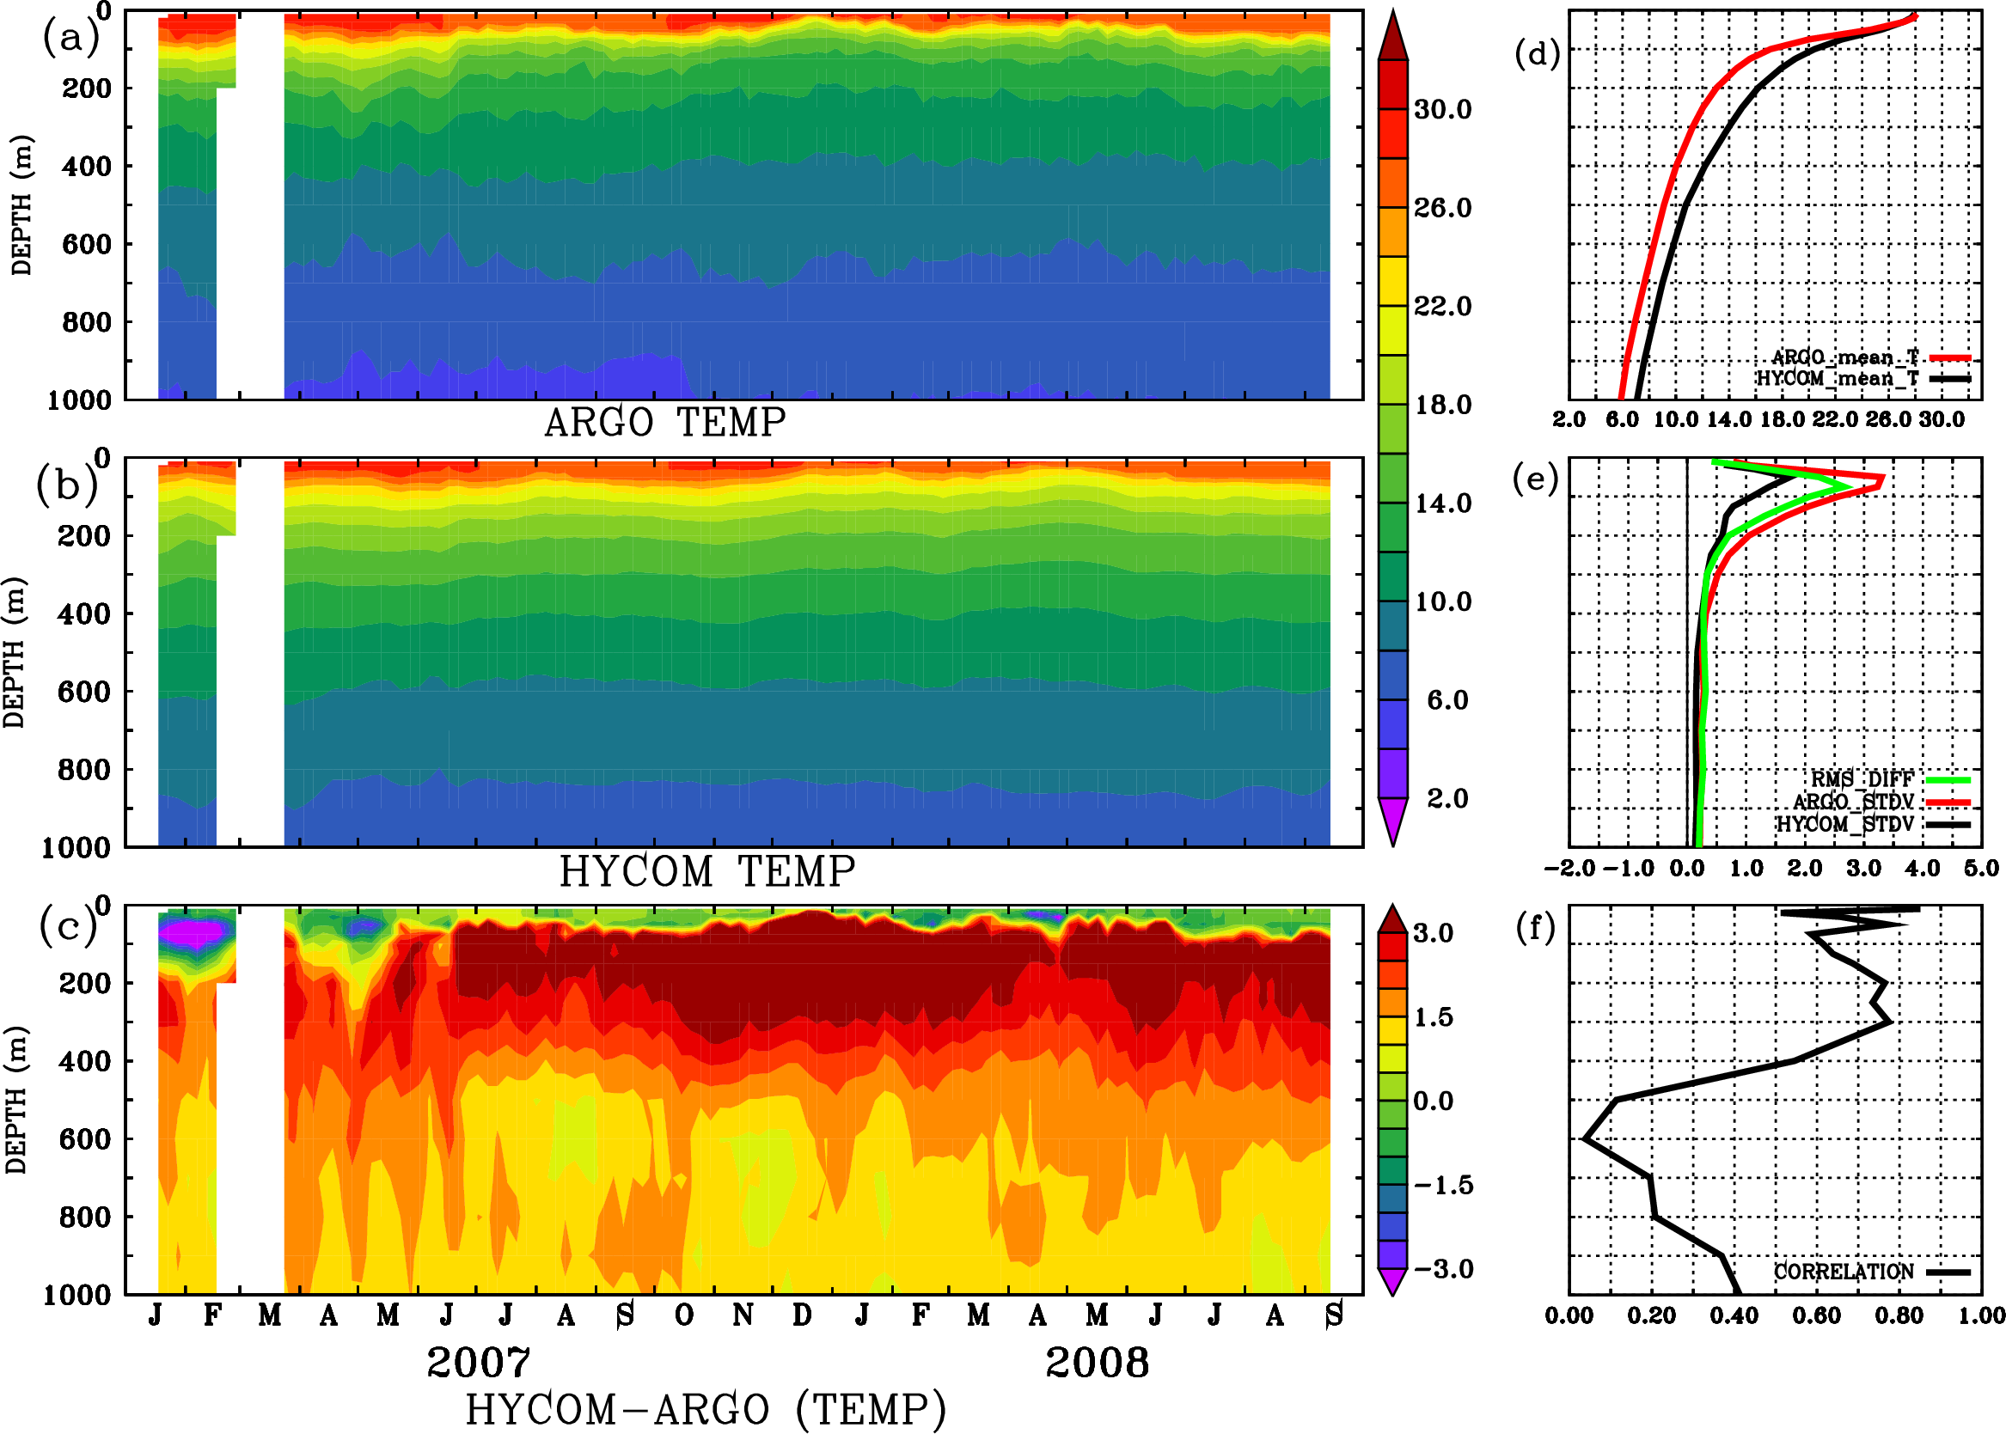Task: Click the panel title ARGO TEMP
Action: point(664,423)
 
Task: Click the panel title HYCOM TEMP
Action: point(707,871)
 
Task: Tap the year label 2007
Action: point(479,1363)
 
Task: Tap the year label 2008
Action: point(1097,1363)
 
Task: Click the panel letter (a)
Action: point(70,37)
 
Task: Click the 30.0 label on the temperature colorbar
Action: point(1442,109)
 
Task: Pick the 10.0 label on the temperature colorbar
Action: point(1442,602)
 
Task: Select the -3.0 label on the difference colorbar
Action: point(1442,1269)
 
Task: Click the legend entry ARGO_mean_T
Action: point(1845,357)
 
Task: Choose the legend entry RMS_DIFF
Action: point(1862,779)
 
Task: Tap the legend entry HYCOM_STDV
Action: point(1845,824)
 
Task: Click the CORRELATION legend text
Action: point(1844,1272)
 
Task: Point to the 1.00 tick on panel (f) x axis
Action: point(1981,1315)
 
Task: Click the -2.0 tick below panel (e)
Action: point(1569,868)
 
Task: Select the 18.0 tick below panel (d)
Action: point(1782,419)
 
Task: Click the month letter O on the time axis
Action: point(683,1315)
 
